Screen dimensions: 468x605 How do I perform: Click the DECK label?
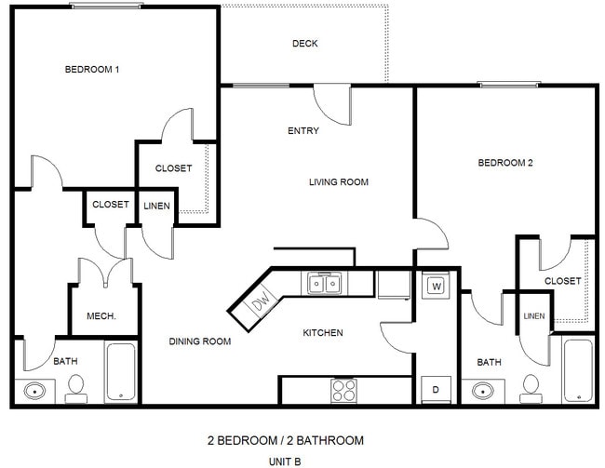(305, 44)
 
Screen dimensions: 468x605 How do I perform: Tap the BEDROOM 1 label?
(92, 70)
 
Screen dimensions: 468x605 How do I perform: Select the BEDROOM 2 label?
(505, 163)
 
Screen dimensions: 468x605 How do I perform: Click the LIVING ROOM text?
(339, 182)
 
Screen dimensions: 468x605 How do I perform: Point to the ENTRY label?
(303, 131)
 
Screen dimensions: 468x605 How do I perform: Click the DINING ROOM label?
(199, 341)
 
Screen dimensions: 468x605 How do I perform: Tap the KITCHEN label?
(323, 332)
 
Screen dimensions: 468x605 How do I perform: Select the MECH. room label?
(101, 316)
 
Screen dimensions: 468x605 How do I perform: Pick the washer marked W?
(436, 286)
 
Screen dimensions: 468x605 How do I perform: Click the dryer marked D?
(435, 388)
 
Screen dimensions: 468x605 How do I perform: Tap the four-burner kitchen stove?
(343, 391)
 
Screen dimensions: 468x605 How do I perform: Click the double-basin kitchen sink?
(324, 282)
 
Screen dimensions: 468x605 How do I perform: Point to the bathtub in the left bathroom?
(121, 372)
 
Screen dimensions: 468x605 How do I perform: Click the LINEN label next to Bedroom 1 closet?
(156, 206)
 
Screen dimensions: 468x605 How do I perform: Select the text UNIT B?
(284, 460)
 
